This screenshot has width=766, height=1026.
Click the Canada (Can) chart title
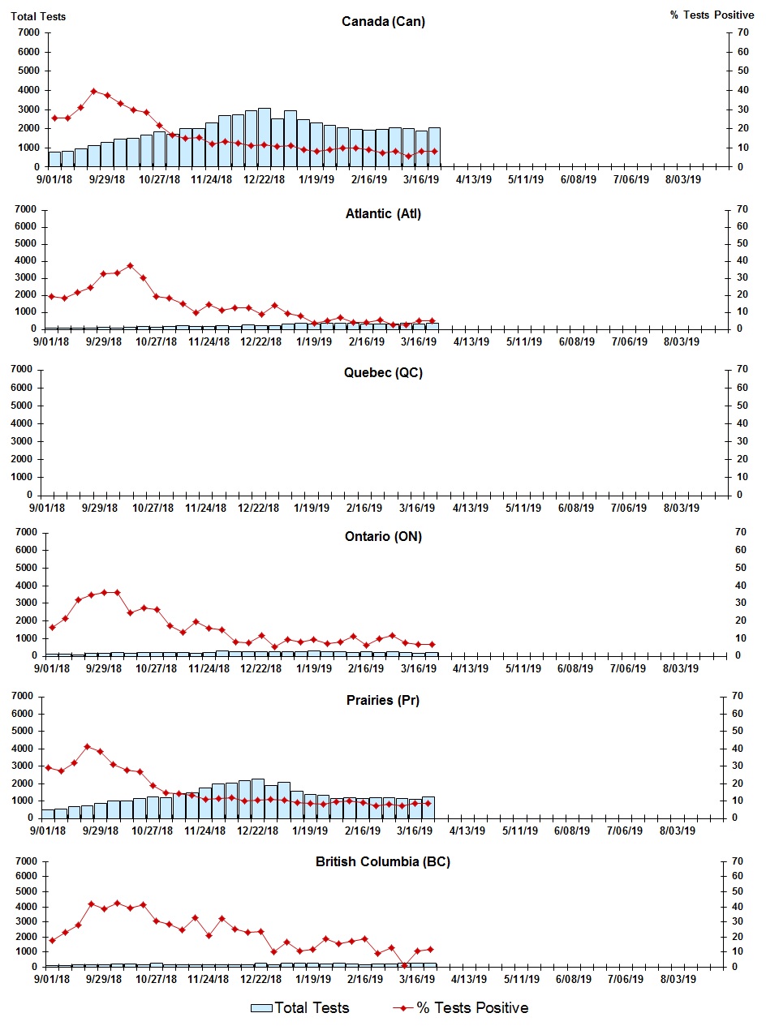tap(383, 22)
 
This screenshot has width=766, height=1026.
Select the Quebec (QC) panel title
tap(382, 373)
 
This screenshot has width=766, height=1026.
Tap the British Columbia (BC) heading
tap(382, 861)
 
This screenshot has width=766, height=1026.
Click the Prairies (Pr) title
tap(382, 700)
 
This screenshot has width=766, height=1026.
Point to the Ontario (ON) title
tap(382, 536)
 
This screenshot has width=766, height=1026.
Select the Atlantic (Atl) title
tap(382, 214)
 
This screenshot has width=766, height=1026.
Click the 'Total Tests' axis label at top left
tap(38, 16)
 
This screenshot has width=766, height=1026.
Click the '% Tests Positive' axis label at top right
tap(712, 16)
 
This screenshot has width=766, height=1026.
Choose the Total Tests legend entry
tap(300, 1008)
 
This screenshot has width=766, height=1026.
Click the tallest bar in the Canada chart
tap(265, 137)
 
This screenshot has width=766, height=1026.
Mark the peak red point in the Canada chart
tap(94, 91)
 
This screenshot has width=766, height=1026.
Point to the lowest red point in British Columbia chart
tap(404, 965)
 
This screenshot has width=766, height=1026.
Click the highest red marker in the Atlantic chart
tap(130, 265)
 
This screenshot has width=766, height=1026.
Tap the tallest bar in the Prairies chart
tap(257, 798)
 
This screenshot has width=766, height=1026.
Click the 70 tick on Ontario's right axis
tap(738, 532)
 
